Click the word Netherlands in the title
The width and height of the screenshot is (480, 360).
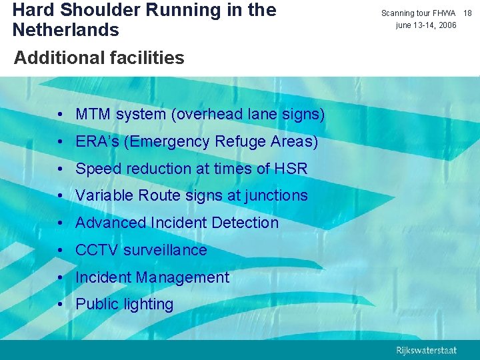[65, 30]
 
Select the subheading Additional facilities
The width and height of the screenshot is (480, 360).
[99, 58]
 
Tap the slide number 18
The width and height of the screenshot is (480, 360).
[467, 13]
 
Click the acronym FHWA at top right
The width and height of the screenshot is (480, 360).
[443, 13]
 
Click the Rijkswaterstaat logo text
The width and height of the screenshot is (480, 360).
[426, 350]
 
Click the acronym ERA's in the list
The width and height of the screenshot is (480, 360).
[97, 142]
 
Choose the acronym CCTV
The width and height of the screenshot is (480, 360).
[97, 250]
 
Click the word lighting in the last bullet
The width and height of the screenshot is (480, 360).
[147, 305]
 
